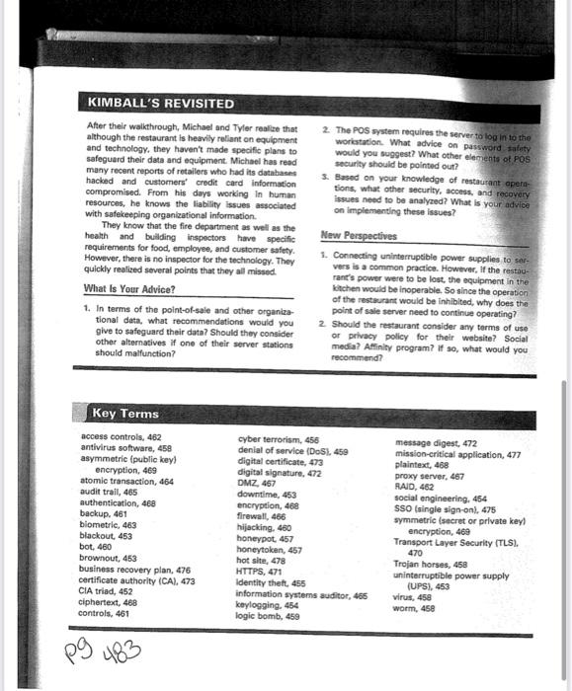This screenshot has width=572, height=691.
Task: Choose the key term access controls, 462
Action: (122, 435)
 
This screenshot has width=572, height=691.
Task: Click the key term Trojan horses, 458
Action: (433, 563)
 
